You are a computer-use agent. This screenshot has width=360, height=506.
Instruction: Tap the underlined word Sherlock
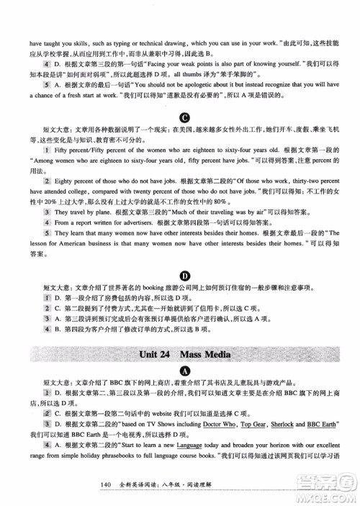pos(279,425)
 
